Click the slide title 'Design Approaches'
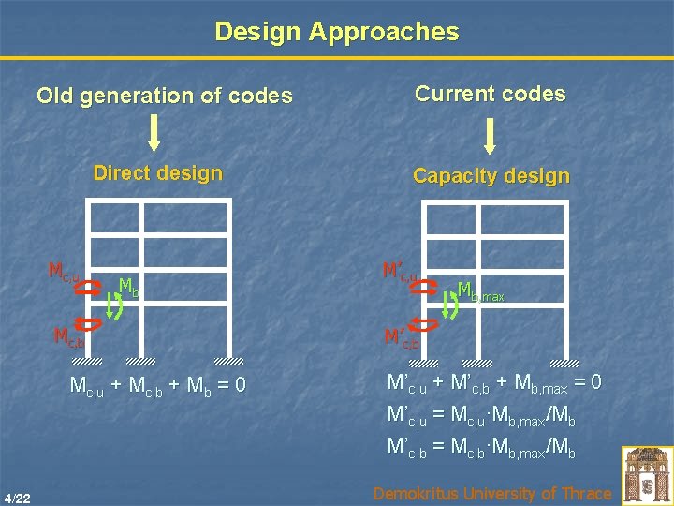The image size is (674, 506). coord(337,32)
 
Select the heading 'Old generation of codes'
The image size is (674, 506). coord(164,96)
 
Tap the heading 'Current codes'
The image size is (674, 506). coord(491,94)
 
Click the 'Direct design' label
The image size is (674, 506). coord(158,173)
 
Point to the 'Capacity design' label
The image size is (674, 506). coord(491,176)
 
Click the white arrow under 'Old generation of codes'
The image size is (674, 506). coord(154,132)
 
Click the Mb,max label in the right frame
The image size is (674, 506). coord(480,292)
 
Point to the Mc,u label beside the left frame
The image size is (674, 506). coord(63,273)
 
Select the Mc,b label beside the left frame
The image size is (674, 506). coord(68,336)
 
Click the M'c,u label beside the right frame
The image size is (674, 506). coord(400,273)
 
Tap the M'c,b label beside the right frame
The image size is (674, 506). coord(402,337)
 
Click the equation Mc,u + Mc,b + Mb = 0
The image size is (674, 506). coord(158,385)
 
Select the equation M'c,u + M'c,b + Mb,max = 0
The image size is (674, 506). coord(494,383)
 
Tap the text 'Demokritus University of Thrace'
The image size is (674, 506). coord(491,493)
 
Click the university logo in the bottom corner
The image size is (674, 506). coord(647,473)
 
